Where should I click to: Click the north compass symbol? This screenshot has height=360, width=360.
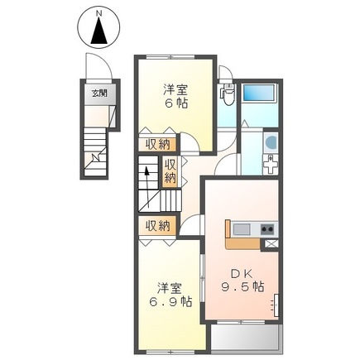coord(98,31)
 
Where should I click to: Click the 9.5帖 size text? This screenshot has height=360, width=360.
coord(241,288)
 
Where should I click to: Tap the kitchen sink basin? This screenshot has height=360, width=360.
coord(241,228)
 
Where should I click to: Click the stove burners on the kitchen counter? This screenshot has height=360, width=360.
coord(267,228)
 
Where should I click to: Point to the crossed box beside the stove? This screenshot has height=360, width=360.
coord(270,243)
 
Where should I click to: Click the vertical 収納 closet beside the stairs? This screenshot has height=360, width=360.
coord(170,171)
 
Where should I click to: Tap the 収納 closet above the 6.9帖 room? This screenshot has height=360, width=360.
coord(158,224)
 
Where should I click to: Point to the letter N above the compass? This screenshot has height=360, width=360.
coord(98,13)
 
